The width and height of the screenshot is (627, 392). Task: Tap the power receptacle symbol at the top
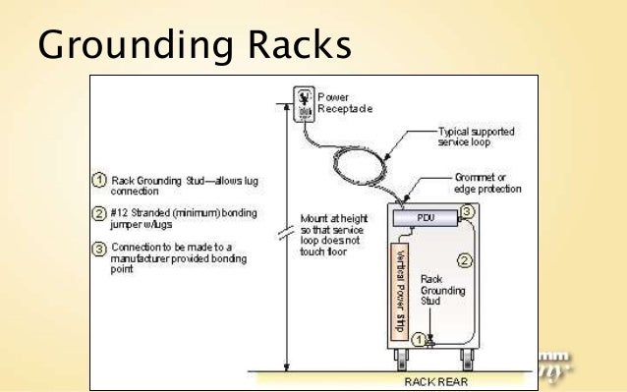coord(302,104)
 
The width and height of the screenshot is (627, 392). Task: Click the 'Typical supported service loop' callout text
coord(475,137)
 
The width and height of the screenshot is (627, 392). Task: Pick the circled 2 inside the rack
coord(466,260)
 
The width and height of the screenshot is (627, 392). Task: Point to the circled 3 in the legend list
coord(99,249)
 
